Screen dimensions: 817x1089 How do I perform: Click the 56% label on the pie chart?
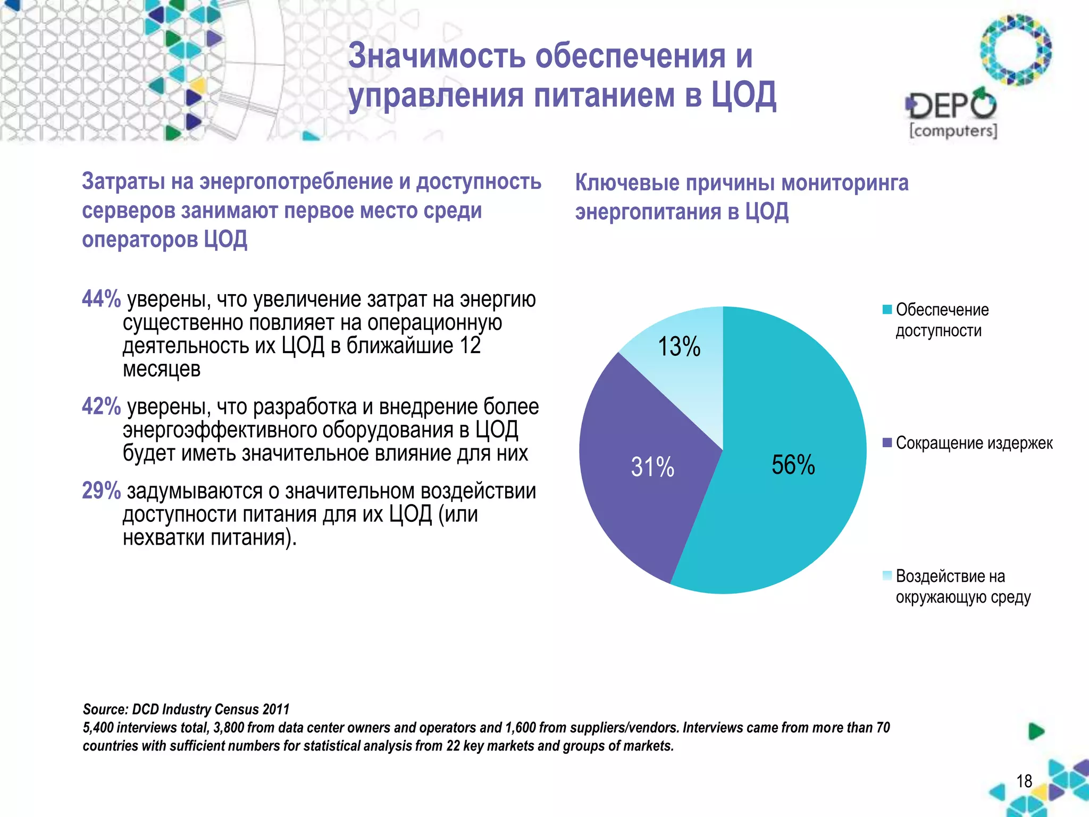[x=793, y=465]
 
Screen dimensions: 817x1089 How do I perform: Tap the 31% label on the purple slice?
[x=652, y=467]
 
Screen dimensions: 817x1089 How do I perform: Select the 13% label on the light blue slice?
[x=679, y=347]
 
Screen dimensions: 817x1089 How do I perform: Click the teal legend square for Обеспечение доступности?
[x=887, y=310]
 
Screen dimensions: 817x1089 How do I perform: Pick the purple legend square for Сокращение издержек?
[x=887, y=443]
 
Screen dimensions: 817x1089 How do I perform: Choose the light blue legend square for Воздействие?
[x=887, y=575]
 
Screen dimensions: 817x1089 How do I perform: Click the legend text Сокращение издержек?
[x=974, y=443]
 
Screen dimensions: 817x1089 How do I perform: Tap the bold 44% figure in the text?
[x=101, y=299]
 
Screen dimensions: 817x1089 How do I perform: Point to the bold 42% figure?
[x=101, y=406]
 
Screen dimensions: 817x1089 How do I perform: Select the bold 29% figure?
[x=101, y=490]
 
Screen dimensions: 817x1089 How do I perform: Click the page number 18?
[x=1024, y=781]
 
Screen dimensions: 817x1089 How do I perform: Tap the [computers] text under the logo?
[x=953, y=131]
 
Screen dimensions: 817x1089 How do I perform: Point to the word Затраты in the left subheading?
[x=123, y=181]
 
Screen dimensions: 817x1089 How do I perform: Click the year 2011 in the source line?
[x=276, y=709]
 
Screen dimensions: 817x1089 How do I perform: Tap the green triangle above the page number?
[x=1036, y=731]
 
